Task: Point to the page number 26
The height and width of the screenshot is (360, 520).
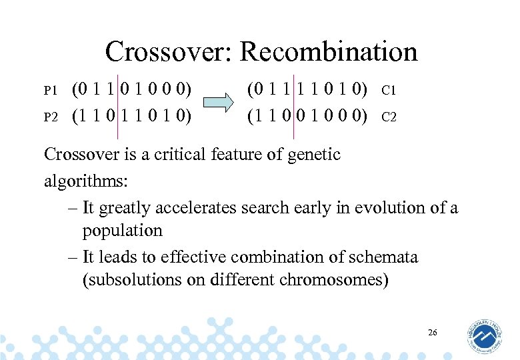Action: coord(432,332)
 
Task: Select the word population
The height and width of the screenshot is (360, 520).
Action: coord(122,231)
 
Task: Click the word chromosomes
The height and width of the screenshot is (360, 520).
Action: coord(329,279)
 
